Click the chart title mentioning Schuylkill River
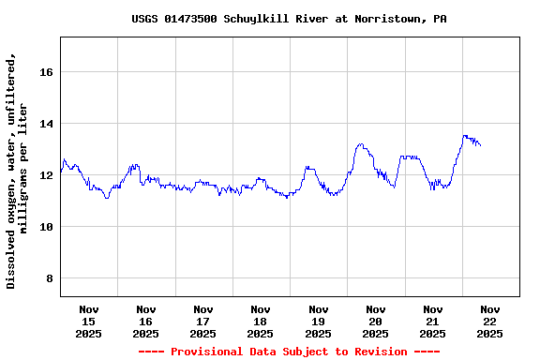(x=289, y=19)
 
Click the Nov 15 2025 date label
(x=89, y=321)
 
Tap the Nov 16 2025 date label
(x=146, y=321)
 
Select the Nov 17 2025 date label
(x=203, y=321)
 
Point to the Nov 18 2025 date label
(x=261, y=321)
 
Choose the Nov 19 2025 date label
(x=319, y=321)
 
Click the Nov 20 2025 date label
(x=376, y=321)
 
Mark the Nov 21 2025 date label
(x=433, y=321)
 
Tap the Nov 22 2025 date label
(x=490, y=321)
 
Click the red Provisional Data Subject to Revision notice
(x=289, y=352)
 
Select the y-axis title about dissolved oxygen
(x=18, y=171)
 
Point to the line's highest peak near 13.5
(x=465, y=136)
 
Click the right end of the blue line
(x=481, y=145)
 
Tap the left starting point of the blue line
(x=61, y=172)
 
